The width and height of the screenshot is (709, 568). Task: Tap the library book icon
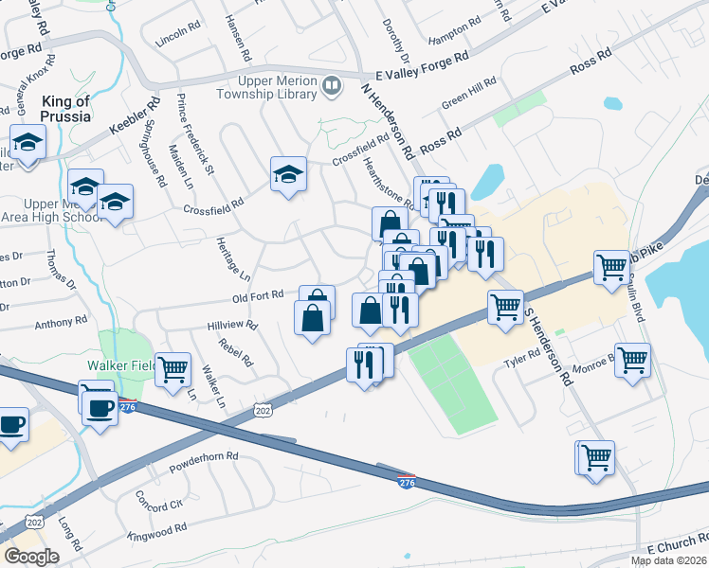point(331,87)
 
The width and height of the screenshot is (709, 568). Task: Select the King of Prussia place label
point(65,108)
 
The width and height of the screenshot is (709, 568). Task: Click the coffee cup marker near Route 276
point(100,408)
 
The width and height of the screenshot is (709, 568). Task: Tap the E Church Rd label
point(677,547)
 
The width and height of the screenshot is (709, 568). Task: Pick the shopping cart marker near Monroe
point(632,359)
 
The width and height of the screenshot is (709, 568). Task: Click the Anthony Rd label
point(61,324)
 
